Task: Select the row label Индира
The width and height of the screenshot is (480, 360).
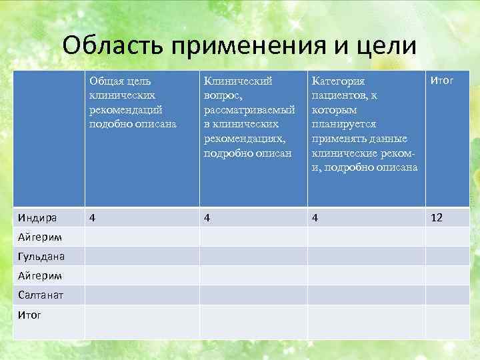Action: [37, 217]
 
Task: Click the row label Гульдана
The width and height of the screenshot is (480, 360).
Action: [41, 256]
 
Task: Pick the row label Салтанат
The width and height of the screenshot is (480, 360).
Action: [41, 295]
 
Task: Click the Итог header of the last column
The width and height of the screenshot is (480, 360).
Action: [442, 81]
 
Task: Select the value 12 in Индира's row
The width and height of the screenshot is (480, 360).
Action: [437, 217]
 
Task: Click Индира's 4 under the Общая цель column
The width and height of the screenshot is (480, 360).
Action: [93, 217]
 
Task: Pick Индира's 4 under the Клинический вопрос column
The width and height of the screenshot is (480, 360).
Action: [207, 217]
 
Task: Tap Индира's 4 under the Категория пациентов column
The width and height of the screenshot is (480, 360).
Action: [314, 217]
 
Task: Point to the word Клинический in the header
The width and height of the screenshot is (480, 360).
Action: [238, 81]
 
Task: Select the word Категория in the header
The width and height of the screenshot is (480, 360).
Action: [338, 81]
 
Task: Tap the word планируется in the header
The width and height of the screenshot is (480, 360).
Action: [343, 124]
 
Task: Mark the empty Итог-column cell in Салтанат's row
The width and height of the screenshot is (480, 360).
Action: [451, 295]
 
